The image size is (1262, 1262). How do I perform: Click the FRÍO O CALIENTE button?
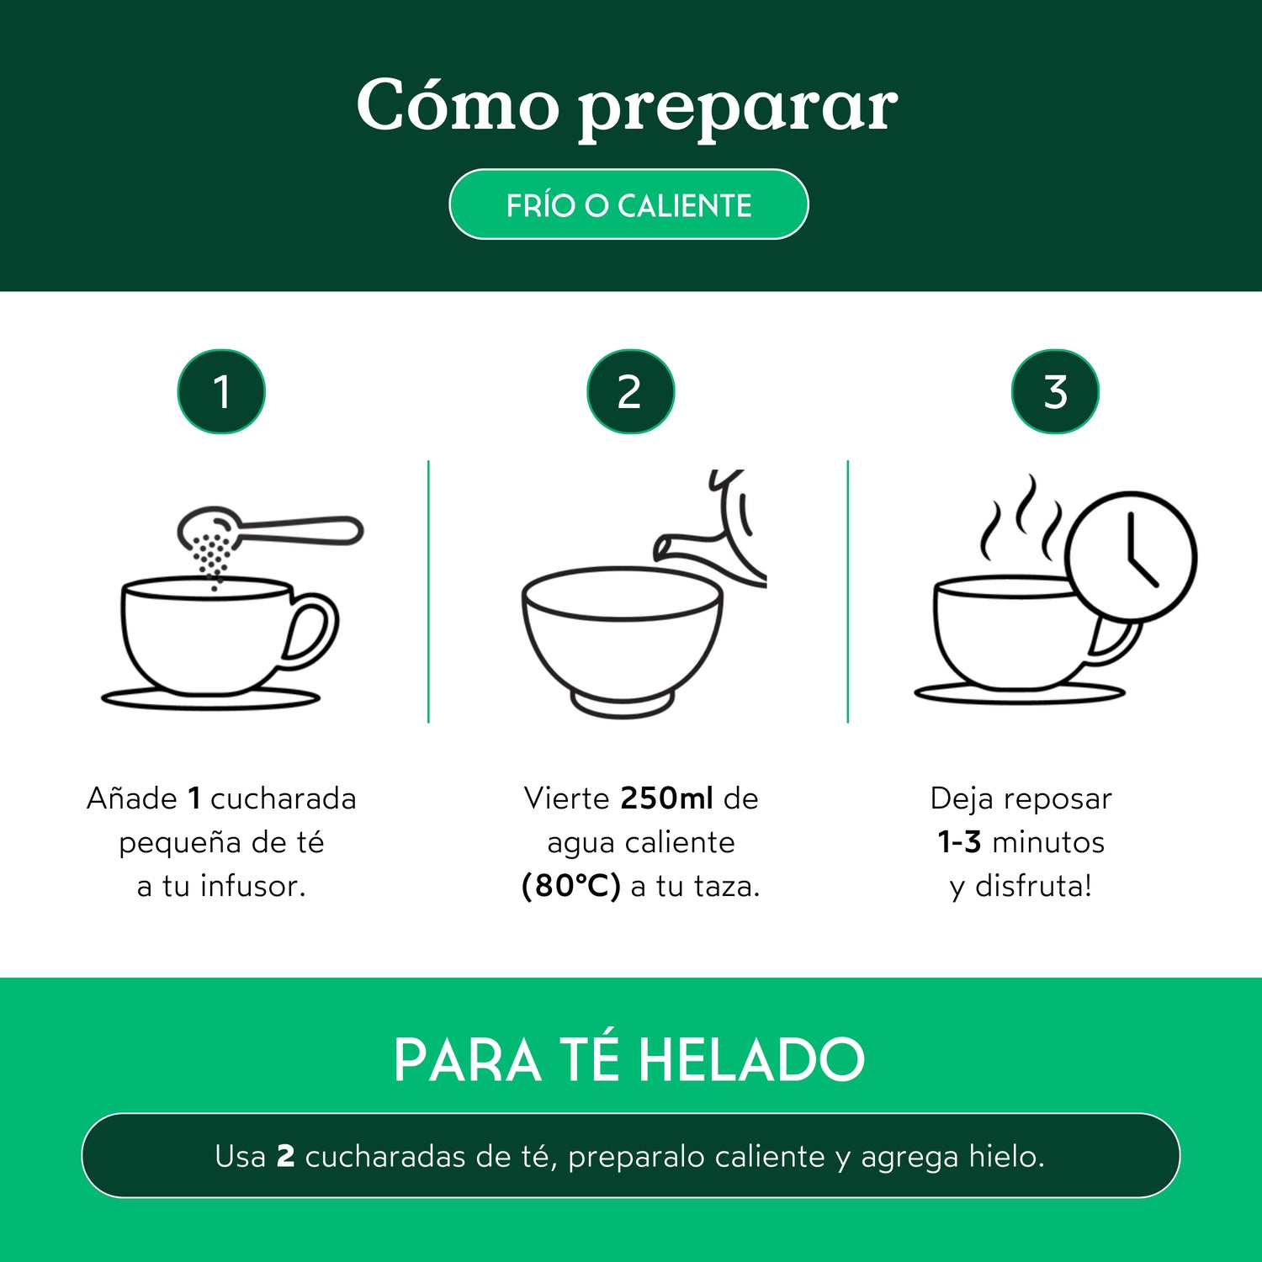(628, 204)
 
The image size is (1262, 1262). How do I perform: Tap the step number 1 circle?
(221, 392)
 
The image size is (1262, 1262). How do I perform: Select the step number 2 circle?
(630, 392)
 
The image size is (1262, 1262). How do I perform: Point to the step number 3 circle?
(1055, 392)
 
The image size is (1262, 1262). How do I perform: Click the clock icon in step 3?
(1130, 556)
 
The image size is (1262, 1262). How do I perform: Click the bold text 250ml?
(666, 798)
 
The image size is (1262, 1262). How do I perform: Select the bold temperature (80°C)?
(571, 886)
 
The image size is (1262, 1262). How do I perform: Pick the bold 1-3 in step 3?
(959, 842)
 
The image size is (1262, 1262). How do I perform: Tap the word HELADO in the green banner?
(751, 1060)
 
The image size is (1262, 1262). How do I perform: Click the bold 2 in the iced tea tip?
(286, 1157)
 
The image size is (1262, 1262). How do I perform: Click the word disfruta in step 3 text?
(1032, 886)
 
